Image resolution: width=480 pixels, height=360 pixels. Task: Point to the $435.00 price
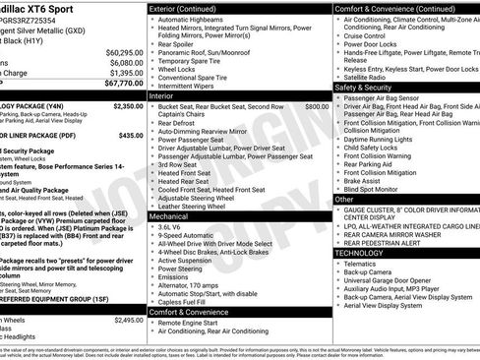tap(132, 136)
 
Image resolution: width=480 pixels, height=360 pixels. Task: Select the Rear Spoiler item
tap(178, 43)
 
